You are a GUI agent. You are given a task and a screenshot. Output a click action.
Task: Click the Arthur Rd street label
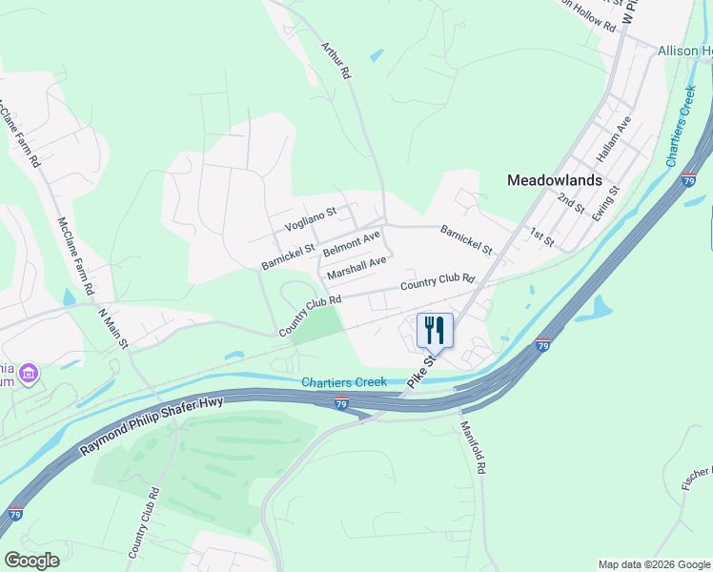tap(336, 59)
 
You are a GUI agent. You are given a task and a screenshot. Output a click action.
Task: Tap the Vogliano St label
tap(311, 218)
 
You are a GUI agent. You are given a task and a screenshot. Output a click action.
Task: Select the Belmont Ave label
tap(351, 243)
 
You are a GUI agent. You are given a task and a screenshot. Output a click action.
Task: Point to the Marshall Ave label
tap(356, 268)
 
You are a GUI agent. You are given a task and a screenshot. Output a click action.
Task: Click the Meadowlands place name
tap(555, 179)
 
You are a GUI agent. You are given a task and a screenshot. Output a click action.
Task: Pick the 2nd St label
tap(571, 202)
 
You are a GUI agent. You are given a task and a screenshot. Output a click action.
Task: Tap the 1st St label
tap(541, 235)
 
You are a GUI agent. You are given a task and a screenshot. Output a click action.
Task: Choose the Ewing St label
tap(605, 203)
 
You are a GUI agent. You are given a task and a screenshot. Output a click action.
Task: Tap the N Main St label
tap(112, 328)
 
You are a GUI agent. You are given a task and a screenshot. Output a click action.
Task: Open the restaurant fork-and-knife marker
tap(435, 330)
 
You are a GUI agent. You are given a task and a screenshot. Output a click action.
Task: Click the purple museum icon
tap(30, 372)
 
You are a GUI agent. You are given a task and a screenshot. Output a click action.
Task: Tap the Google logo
tap(31, 560)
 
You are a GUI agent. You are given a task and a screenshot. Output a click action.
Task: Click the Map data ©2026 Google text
tap(654, 564)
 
